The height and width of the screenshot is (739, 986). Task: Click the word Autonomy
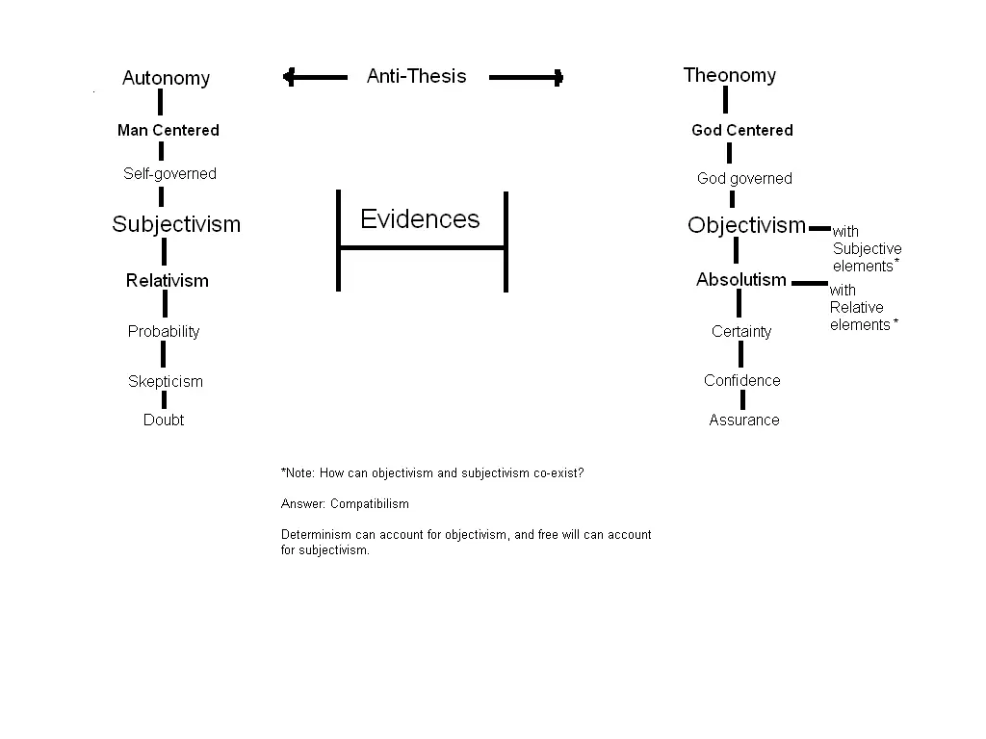tap(166, 78)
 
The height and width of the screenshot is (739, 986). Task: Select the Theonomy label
tap(730, 75)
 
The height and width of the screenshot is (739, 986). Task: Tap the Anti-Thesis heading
tap(416, 76)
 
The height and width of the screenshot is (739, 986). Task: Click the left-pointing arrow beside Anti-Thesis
tap(315, 77)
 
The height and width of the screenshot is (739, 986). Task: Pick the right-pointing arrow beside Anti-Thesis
tap(527, 77)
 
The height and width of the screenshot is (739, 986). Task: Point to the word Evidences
tap(420, 218)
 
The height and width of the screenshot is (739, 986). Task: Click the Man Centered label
tap(169, 130)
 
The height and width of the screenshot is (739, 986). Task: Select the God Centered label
tap(742, 130)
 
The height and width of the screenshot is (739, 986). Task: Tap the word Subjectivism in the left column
tap(176, 223)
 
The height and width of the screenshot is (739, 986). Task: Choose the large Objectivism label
tap(746, 225)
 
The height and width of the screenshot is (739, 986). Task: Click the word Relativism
tap(168, 280)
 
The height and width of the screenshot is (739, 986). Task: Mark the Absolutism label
tap(741, 280)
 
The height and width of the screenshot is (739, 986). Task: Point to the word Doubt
tap(164, 420)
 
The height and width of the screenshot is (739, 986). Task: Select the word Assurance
tap(744, 420)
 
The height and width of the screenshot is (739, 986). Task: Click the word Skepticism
tap(166, 381)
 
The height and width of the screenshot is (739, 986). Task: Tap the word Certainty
tap(741, 331)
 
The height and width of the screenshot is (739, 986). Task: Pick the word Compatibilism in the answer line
tap(370, 504)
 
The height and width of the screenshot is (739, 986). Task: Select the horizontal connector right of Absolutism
tap(810, 284)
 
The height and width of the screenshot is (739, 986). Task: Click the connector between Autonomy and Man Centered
tap(161, 102)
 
